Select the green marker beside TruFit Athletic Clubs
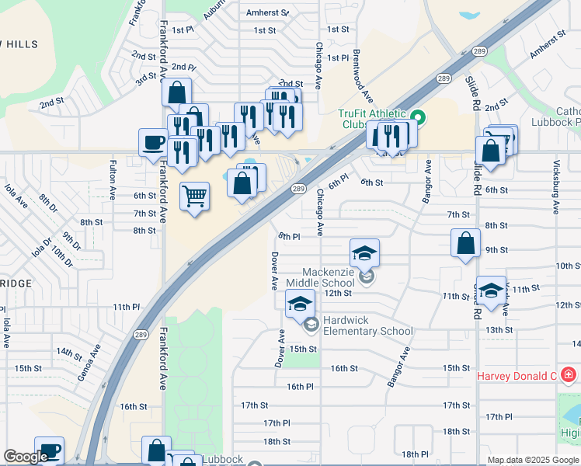click(x=418, y=118)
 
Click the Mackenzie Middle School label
click(x=318, y=276)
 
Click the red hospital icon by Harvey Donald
click(x=569, y=376)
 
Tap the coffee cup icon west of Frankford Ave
click(x=153, y=142)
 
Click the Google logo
click(x=26, y=457)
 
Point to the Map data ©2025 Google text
click(x=532, y=460)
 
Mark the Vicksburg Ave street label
click(x=556, y=187)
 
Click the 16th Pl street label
click(x=299, y=386)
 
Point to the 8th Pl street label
click(x=289, y=236)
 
